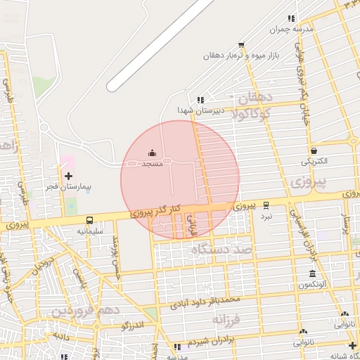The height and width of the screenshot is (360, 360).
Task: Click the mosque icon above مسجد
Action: click(x=153, y=153)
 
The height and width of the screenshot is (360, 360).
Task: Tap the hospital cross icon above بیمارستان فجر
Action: click(x=68, y=176)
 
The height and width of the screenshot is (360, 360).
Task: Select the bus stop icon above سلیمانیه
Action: click(x=89, y=220)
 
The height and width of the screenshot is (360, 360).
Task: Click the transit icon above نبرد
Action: click(x=266, y=205)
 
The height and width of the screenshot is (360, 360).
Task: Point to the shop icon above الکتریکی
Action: click(x=314, y=150)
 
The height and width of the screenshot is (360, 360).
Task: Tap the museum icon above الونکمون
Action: click(x=313, y=274)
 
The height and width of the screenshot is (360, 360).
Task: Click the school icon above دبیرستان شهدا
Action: click(x=200, y=100)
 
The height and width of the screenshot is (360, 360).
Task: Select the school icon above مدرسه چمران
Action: click(x=291, y=19)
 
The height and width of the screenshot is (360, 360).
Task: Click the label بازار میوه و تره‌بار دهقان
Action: click(x=243, y=55)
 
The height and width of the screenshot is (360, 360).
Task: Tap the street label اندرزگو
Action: click(x=132, y=326)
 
